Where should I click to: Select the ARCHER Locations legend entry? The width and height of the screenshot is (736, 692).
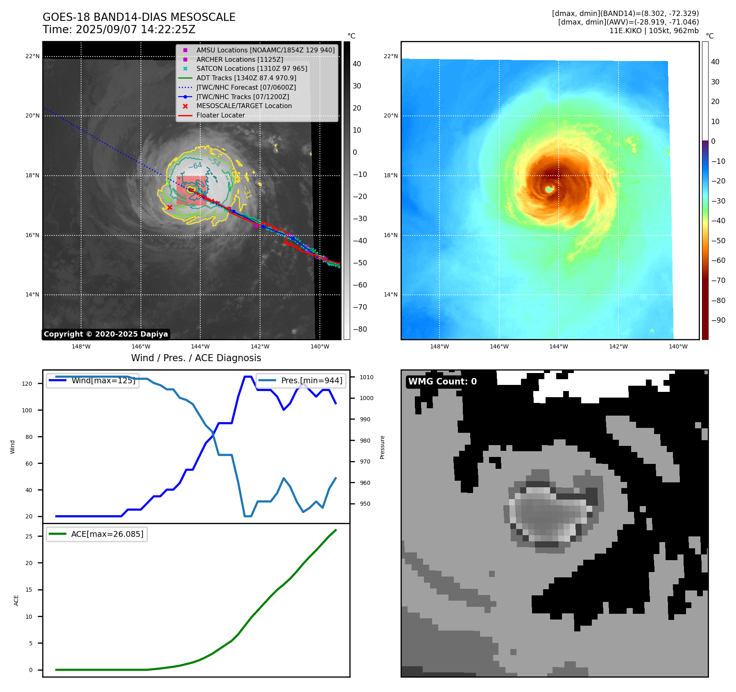coord(240,59)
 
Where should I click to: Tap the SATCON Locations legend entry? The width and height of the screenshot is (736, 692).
coord(251,68)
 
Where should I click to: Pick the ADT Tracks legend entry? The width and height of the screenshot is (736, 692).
coord(246,78)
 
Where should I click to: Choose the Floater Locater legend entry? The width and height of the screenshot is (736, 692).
coord(220,115)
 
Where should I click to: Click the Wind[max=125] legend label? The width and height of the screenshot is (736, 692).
coord(103,380)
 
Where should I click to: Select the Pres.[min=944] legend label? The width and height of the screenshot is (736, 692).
coord(312,380)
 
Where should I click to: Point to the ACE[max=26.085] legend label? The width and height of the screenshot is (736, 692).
coord(107,534)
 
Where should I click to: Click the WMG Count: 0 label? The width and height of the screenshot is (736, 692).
coord(442,381)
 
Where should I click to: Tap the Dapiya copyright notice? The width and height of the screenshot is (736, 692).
coord(106,334)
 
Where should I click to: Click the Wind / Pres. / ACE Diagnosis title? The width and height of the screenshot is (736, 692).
coord(196,358)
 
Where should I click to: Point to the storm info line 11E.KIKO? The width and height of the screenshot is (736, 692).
coord(654,31)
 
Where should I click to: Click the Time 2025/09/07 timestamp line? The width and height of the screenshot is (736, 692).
coord(119,29)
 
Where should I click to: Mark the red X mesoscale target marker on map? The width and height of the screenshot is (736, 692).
coord(170,208)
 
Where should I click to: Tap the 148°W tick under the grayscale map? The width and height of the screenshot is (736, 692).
coord(81,346)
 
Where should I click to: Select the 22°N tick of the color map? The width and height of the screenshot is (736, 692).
coord(390,56)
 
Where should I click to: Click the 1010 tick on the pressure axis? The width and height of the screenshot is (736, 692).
coord(367,377)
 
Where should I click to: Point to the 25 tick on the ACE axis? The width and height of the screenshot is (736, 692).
coord(29,536)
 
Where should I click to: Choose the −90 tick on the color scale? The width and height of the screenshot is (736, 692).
coord(718,320)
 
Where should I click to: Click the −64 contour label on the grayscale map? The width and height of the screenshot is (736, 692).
coord(195,166)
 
